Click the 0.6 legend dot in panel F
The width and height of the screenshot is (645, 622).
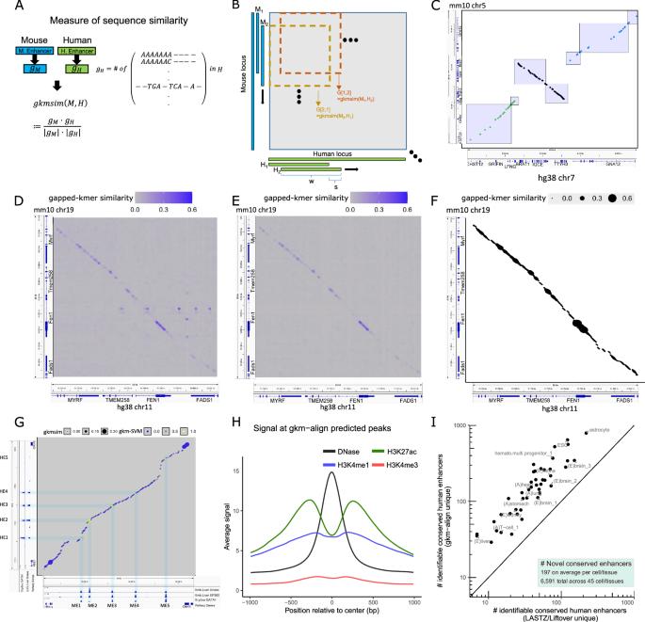622,200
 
